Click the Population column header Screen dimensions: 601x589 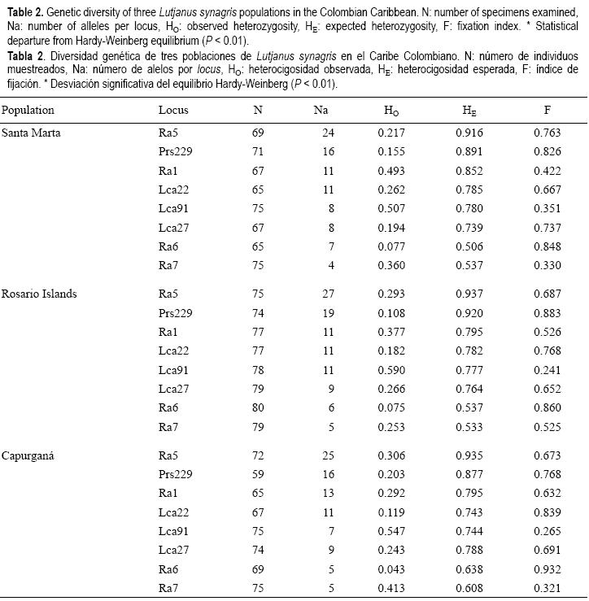(28, 110)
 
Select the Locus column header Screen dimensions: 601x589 (172, 110)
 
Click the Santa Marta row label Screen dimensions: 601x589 (31, 132)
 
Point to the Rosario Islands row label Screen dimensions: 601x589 (39, 294)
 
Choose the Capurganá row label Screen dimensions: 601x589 (28, 454)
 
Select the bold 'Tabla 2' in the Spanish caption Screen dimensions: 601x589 (20, 56)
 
